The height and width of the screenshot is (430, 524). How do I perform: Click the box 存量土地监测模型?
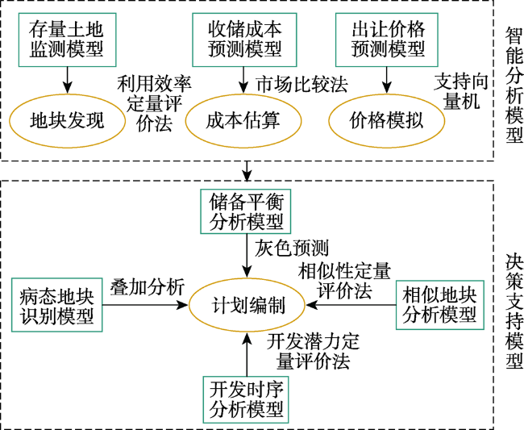(67, 40)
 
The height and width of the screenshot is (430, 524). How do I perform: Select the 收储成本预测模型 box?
(244, 40)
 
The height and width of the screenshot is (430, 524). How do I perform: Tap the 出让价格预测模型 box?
(387, 40)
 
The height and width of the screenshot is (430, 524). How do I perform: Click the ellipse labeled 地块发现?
(67, 121)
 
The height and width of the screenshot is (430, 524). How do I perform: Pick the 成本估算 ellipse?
(243, 121)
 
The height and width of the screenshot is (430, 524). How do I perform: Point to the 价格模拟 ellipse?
(387, 121)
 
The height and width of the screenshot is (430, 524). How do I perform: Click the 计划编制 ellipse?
(247, 305)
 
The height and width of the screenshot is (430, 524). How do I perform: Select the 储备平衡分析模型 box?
(246, 211)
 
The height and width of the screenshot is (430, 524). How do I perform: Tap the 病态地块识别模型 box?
(56, 305)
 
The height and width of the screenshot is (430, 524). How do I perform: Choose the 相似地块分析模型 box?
(440, 305)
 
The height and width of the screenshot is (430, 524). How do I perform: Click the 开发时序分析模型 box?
(246, 399)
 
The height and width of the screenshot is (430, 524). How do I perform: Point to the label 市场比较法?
(302, 84)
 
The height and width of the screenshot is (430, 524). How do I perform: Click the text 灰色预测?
(292, 248)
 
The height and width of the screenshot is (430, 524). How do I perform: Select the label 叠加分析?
(148, 287)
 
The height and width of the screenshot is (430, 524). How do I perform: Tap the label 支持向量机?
(461, 92)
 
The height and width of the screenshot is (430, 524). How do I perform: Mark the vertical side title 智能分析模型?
(514, 85)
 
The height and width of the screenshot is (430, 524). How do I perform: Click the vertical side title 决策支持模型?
(514, 311)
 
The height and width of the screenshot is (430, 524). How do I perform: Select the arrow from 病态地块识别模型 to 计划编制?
(145, 305)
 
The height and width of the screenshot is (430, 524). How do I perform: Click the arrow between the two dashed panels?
(247, 171)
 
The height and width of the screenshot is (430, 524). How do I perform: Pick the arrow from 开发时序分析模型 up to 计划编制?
(247, 354)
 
